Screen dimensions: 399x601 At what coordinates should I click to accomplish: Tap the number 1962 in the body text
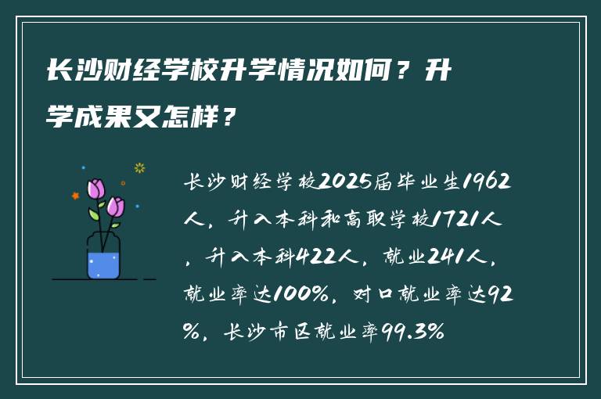click(486, 182)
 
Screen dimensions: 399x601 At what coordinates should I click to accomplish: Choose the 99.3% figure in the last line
click(414, 332)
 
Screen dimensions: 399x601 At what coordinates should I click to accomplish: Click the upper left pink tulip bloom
click(96, 189)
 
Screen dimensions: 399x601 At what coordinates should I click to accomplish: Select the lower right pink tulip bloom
click(116, 207)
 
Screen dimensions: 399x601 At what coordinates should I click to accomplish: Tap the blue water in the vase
click(103, 264)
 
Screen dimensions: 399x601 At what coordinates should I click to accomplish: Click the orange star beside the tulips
click(76, 196)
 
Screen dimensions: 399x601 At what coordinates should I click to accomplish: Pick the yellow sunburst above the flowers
click(140, 167)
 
